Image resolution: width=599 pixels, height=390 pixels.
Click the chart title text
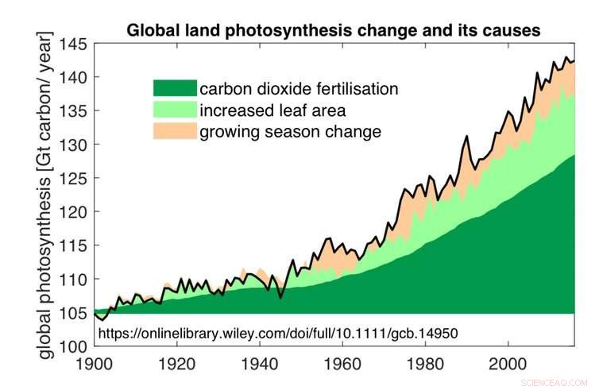[334, 30]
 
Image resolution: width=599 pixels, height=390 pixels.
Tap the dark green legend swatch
[174, 88]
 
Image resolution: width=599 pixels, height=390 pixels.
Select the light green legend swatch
[174, 110]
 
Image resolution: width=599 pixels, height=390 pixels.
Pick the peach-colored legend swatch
[174, 130]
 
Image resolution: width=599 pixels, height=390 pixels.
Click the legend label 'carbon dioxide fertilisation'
[299, 88]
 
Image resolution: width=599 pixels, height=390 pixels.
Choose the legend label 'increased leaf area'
[272, 110]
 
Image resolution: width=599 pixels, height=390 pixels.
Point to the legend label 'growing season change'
[290, 131]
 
